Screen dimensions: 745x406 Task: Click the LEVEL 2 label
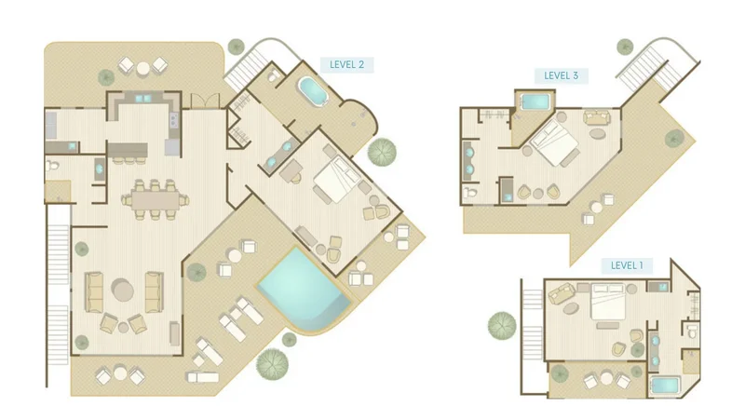[346, 64]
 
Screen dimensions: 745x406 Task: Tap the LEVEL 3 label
[562, 75]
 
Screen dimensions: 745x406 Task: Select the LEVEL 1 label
[627, 265]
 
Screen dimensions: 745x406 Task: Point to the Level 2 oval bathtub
[313, 90]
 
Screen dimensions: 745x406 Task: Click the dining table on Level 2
[156, 199]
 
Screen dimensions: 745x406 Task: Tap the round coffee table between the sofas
[123, 290]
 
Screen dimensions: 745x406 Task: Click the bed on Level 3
[553, 142]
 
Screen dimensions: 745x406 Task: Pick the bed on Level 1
[607, 302]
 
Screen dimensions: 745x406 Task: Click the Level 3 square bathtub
[535, 101]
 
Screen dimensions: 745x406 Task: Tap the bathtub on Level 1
[665, 385]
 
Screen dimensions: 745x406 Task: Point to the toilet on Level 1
[691, 332]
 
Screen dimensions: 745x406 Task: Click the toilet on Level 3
[470, 193]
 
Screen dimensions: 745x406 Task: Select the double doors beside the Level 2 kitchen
[205, 101]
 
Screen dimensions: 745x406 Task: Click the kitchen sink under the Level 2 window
[142, 99]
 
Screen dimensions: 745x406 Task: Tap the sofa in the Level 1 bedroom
[562, 292]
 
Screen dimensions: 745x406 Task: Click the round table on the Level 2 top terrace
[142, 69]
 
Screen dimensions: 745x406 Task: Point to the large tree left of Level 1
[502, 326]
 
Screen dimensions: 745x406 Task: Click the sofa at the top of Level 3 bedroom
[597, 117]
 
